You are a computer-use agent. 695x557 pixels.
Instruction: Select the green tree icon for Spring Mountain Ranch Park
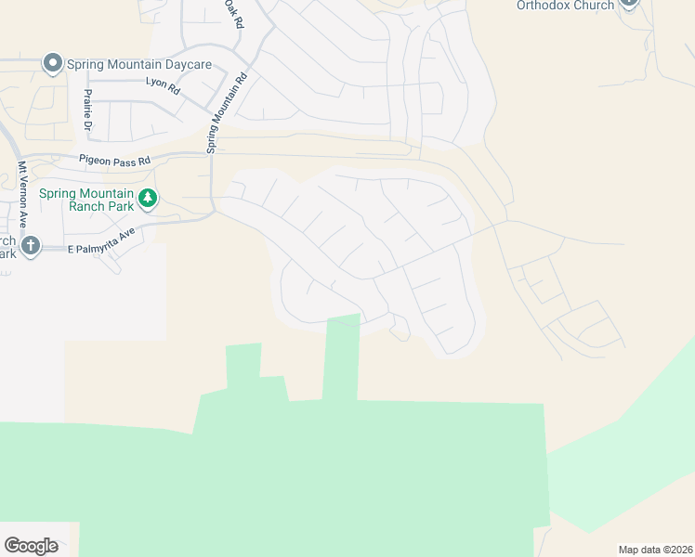[147, 198]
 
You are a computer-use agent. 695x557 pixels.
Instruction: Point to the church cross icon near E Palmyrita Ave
[31, 246]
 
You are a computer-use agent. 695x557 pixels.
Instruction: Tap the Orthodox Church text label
[566, 6]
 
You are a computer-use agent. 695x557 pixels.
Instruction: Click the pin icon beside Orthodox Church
[629, 3]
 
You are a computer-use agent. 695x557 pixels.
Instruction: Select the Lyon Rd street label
[162, 83]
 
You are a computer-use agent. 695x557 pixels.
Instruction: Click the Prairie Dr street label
[89, 110]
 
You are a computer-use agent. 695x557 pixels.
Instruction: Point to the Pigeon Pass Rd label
[114, 161]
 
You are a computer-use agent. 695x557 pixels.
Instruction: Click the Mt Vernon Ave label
[22, 195]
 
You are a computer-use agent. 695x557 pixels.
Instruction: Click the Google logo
[32, 546]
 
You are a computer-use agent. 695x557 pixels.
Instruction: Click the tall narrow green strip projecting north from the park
[342, 357]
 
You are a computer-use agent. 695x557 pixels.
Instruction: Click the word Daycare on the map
[185, 64]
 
